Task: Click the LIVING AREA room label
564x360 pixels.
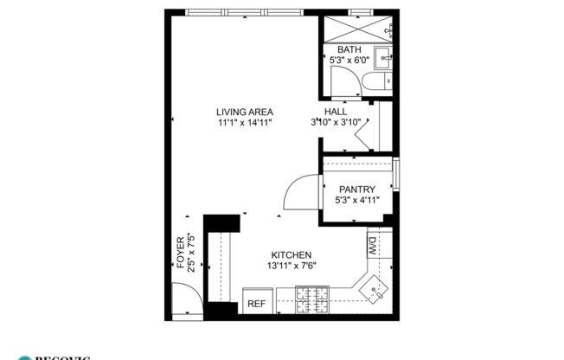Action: click(x=245, y=112)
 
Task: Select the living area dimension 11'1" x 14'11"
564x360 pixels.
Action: click(x=245, y=124)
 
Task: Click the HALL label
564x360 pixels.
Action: click(x=336, y=112)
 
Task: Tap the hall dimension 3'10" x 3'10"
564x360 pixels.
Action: click(x=336, y=123)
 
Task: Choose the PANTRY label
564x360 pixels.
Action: click(x=356, y=190)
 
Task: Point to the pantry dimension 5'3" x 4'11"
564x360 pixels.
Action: click(x=356, y=201)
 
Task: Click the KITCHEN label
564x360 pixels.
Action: click(x=289, y=254)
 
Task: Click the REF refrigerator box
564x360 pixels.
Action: click(x=257, y=303)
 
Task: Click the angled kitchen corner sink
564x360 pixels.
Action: click(x=374, y=287)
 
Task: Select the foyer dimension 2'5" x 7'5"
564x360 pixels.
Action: click(x=190, y=251)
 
